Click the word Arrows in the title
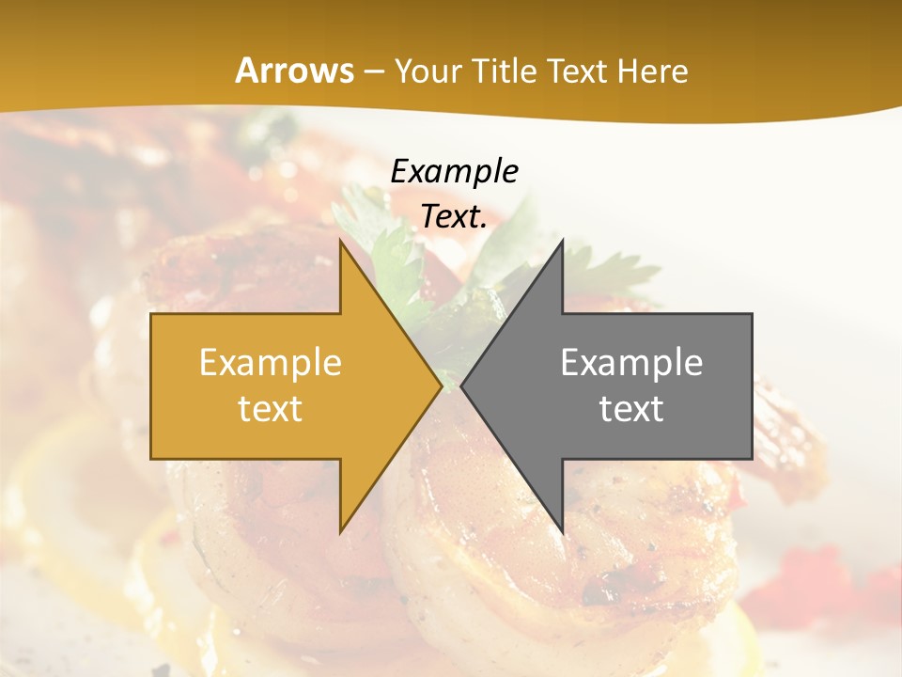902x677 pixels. (295, 71)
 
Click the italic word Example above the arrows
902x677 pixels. (455, 171)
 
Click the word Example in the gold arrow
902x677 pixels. (271, 363)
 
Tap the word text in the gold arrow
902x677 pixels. (271, 408)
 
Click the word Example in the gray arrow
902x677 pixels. (631, 363)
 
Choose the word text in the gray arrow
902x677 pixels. (631, 408)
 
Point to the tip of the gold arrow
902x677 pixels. (441, 386)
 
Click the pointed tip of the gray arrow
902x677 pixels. (462, 386)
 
